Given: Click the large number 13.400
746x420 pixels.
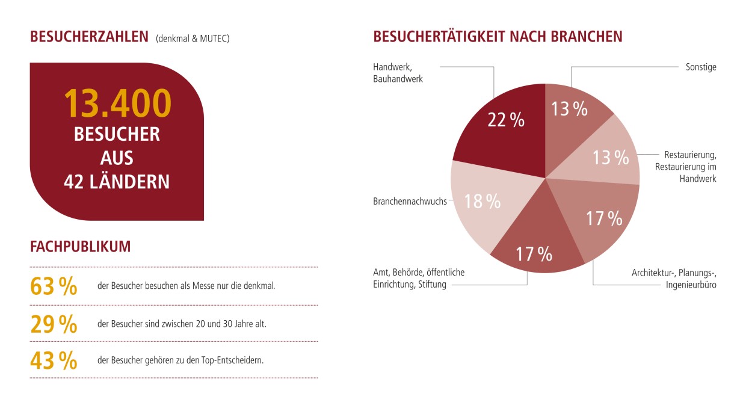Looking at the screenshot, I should coord(117,103).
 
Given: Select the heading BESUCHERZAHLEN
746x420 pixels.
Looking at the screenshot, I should coord(89,37).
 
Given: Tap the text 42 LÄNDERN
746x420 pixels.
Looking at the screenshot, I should coord(117,181).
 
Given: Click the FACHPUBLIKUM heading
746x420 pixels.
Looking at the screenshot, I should coord(80,247).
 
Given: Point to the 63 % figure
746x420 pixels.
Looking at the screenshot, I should coord(54,287).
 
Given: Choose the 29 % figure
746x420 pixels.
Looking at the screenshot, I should coord(54,324).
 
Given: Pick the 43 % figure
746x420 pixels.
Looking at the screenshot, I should coord(54,361).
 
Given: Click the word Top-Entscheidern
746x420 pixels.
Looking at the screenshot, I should coord(235,361).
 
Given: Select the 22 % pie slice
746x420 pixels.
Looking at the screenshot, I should coord(502,129).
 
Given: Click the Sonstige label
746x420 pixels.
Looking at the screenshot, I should coord(701,67).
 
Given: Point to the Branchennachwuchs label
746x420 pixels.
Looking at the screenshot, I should coord(410,202).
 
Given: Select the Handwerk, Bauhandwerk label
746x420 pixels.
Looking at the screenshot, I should coord(398,73).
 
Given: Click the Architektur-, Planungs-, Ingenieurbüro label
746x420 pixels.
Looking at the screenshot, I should coord(674,279).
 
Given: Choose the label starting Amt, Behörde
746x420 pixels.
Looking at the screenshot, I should coord(419,279).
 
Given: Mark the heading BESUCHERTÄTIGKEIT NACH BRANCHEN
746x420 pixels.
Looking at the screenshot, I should coord(498,37).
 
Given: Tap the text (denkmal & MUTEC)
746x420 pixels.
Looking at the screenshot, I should coord(193,39).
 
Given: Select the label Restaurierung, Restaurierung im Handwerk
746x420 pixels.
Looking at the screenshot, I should coord(686,166).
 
